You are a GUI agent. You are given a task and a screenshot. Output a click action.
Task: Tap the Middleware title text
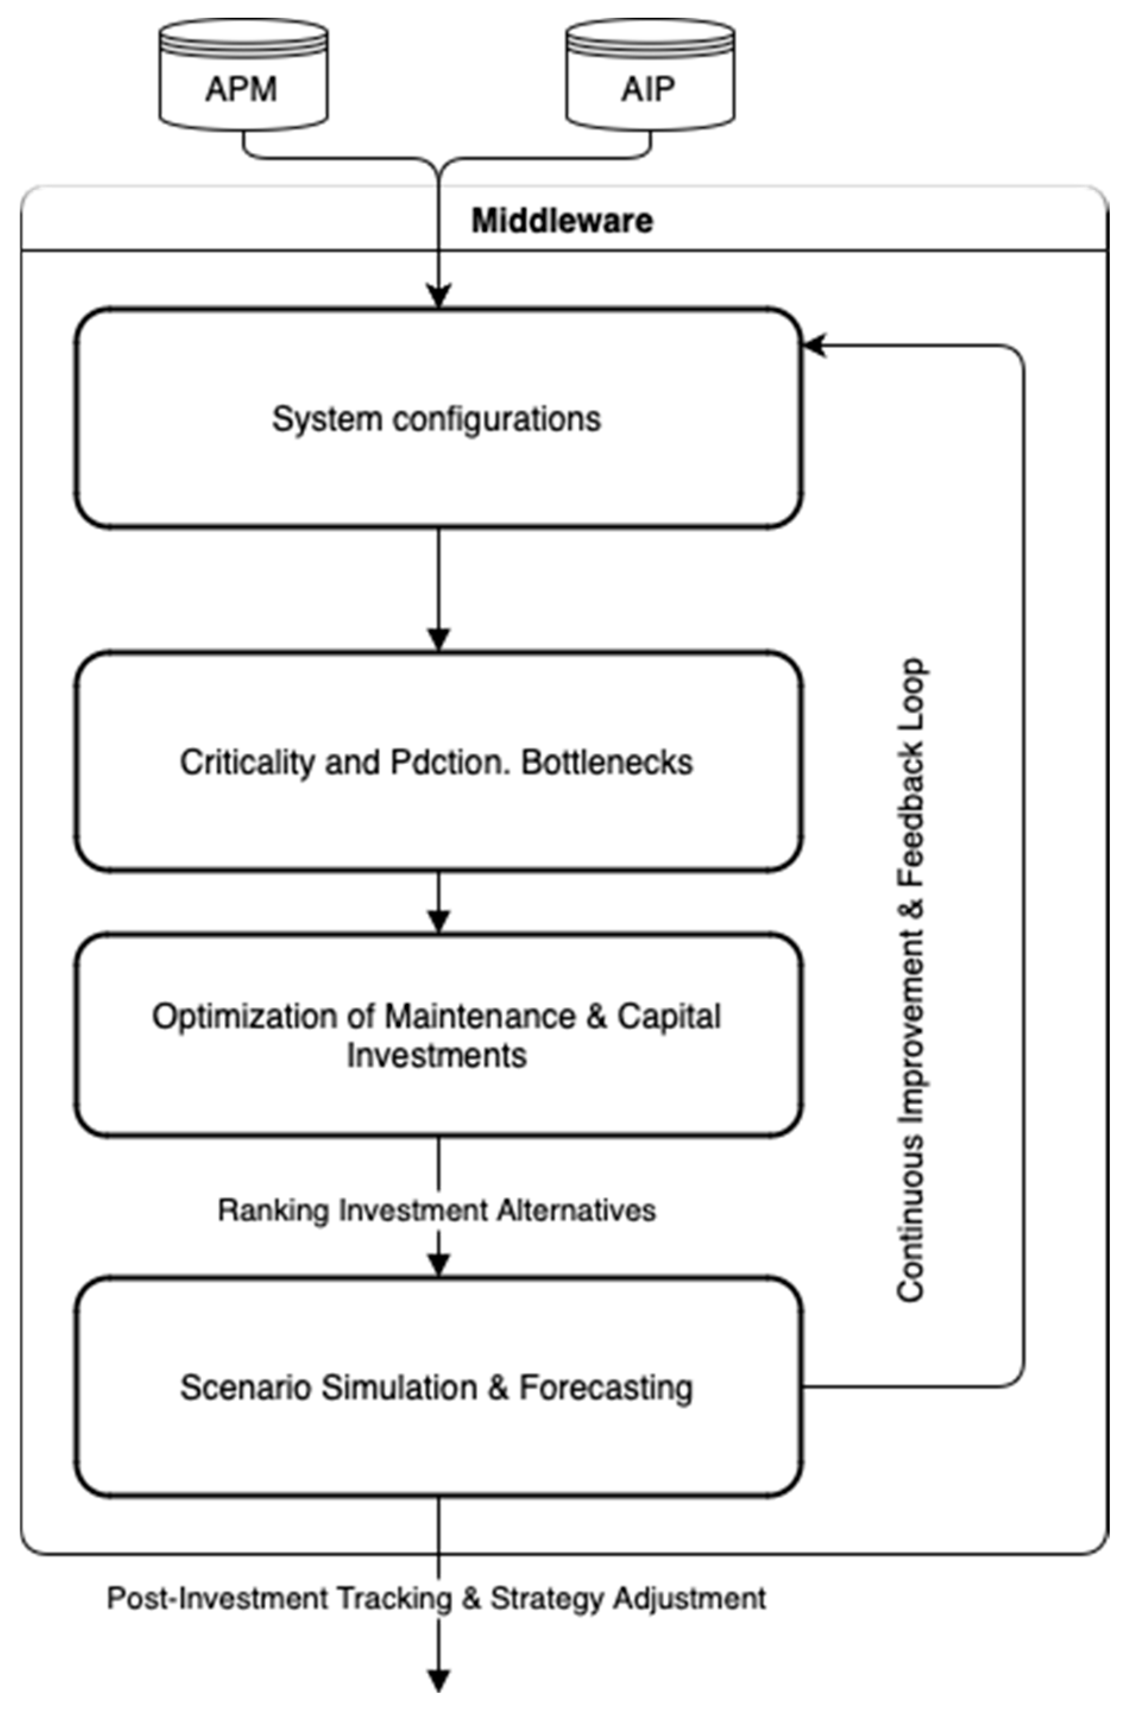pyautogui.click(x=562, y=220)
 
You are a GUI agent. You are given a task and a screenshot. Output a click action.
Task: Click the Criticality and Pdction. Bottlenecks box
pyautogui.click(x=438, y=761)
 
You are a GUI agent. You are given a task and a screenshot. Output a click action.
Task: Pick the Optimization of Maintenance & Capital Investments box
pyautogui.click(x=438, y=1035)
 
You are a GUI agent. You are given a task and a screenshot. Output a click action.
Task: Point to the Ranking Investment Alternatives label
pyautogui.click(x=436, y=1210)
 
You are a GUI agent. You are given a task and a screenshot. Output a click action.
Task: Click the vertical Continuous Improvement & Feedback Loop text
pyautogui.click(x=911, y=979)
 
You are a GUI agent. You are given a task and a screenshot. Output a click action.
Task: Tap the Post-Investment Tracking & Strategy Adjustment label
pyautogui.click(x=436, y=1598)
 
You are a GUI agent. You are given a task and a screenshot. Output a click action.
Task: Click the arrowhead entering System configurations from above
pyautogui.click(x=439, y=296)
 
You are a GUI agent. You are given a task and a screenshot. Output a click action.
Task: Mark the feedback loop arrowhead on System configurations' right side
pyautogui.click(x=814, y=346)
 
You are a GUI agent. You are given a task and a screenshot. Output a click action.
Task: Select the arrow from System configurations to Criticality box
pyautogui.click(x=439, y=590)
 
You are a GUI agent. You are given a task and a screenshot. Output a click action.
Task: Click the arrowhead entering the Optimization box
pyautogui.click(x=439, y=921)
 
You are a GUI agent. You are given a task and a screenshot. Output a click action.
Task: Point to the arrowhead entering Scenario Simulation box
pyautogui.click(x=439, y=1264)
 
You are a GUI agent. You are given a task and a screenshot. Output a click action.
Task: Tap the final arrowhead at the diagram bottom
pyautogui.click(x=439, y=1680)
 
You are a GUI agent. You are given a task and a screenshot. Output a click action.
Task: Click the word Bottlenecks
pyautogui.click(x=607, y=762)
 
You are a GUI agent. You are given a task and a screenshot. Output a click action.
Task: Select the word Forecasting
pyautogui.click(x=605, y=1387)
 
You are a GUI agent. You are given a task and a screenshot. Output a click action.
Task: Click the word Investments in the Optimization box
pyautogui.click(x=436, y=1055)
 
